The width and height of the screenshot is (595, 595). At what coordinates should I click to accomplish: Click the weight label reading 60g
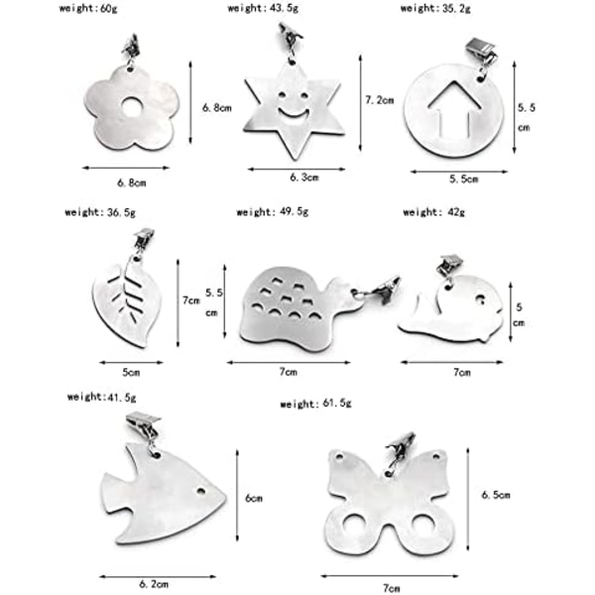[x=88, y=8]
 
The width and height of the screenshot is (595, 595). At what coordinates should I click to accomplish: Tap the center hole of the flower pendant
[x=132, y=107]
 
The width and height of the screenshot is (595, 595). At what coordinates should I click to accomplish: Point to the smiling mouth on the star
[x=294, y=113]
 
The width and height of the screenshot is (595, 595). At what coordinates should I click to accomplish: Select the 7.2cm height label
[x=380, y=100]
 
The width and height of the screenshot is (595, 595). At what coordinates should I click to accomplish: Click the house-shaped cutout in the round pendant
[x=454, y=109]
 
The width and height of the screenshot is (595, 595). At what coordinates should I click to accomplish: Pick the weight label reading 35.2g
[x=435, y=8]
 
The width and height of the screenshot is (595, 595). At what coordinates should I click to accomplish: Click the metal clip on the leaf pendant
[x=144, y=239]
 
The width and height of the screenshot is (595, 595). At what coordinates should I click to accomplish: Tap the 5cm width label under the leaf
[x=131, y=373]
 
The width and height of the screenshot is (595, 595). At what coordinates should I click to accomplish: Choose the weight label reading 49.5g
[x=273, y=212]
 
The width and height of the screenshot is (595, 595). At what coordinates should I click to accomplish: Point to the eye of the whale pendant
[x=480, y=299]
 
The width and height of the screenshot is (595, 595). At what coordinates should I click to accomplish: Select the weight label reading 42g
[x=433, y=212]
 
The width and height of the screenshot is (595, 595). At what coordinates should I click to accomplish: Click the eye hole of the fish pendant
[x=200, y=492]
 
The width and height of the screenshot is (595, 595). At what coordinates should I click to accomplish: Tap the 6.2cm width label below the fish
[x=154, y=584]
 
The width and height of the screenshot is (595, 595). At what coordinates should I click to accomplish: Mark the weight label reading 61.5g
[x=315, y=403]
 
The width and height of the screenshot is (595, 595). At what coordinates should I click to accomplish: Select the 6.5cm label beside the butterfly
[x=496, y=495]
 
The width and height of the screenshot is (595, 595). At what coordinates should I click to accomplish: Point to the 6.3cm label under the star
[x=304, y=178]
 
